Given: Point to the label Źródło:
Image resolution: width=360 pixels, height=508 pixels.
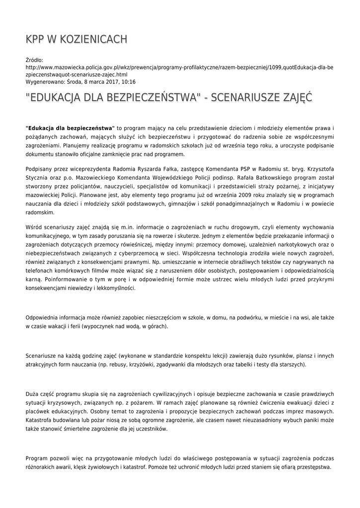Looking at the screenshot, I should (x=35, y=60).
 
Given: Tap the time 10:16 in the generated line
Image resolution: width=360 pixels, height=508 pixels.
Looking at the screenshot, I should (x=127, y=82).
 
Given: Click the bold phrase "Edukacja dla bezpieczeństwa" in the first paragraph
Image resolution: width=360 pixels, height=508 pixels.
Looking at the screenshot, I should (x=70, y=128).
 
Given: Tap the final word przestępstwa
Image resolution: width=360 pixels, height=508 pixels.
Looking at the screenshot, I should (x=313, y=468).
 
